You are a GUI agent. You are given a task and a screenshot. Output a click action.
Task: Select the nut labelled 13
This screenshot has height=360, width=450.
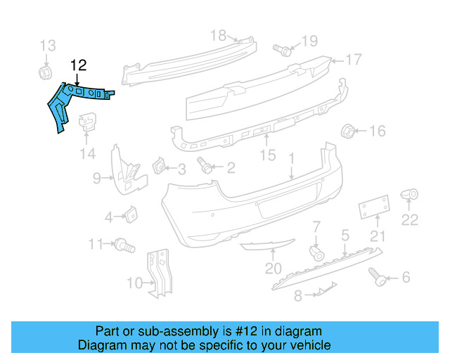pyautogui.click(x=44, y=72)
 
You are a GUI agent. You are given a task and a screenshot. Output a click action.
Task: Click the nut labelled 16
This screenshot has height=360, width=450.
pyautogui.click(x=347, y=131)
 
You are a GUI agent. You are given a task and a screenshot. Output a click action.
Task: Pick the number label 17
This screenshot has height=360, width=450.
pyautogui.click(x=353, y=60)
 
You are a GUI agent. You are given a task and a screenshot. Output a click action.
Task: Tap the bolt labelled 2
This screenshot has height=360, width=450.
pyautogui.click(x=205, y=167)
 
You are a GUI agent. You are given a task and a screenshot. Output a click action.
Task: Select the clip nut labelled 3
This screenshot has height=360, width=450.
pyautogui.click(x=159, y=166)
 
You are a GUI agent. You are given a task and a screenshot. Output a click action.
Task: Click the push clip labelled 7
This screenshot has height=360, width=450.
pyautogui.click(x=316, y=252)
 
